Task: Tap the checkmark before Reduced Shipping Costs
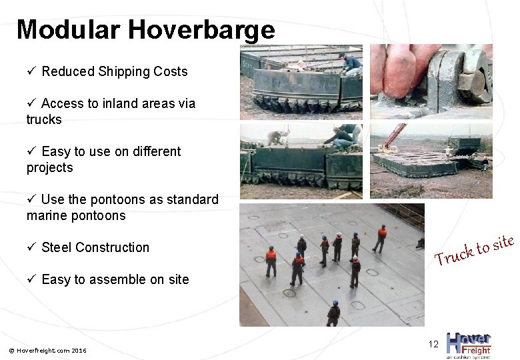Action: pyautogui.click(x=31, y=71)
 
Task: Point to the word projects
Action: pyautogui.click(x=49, y=167)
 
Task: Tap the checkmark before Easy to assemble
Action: pyautogui.click(x=31, y=279)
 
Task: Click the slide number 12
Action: pyautogui.click(x=433, y=344)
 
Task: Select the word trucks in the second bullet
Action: pyautogui.click(x=44, y=119)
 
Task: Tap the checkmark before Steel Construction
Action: pyautogui.click(x=31, y=247)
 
